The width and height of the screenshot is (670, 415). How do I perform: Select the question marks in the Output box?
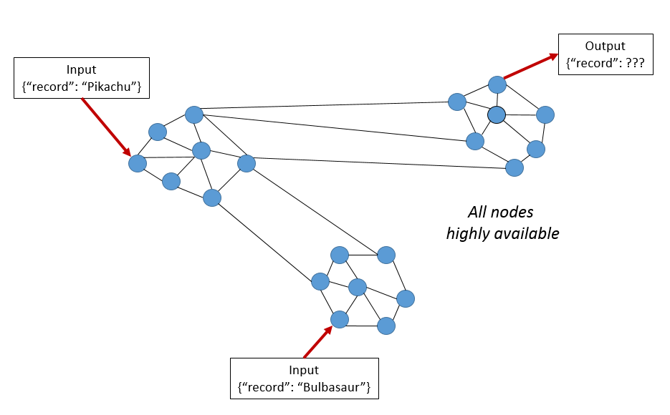coord(632,63)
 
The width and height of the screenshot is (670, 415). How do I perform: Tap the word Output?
coord(606,47)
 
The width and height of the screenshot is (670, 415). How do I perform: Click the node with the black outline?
coord(497,114)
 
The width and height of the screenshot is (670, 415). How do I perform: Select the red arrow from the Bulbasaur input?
coord(318,341)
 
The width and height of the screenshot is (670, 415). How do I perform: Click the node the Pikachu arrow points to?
coord(138,163)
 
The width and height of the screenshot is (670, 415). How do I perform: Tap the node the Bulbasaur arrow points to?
coord(340,319)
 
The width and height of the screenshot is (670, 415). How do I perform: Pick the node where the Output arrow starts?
coord(497,84)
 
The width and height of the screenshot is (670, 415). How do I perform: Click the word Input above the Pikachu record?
coord(81,70)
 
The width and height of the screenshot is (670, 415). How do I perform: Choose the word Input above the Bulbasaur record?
coord(304,371)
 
